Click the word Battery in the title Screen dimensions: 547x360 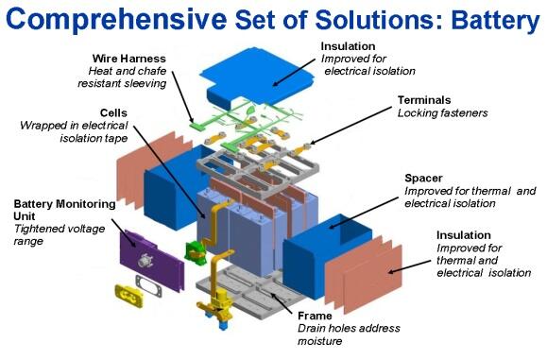click(495, 20)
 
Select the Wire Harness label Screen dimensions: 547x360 click(128, 59)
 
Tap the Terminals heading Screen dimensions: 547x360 click(424, 100)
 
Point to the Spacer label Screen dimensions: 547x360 click(423, 179)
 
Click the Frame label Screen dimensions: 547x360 click(315, 316)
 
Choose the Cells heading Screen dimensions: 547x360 click(113, 112)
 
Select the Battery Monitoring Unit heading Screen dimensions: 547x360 click(64, 210)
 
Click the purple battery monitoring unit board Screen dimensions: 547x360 click(152, 260)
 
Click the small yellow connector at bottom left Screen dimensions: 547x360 click(128, 296)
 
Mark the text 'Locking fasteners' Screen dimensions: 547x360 click(443, 113)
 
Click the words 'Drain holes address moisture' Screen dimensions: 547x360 click(349, 334)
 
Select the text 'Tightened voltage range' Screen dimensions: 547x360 click(60, 234)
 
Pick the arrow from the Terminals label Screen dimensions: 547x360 click(350, 126)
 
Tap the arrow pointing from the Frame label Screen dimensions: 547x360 click(282, 303)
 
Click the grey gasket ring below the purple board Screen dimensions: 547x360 click(148, 285)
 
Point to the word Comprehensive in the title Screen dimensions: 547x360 click(116, 20)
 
